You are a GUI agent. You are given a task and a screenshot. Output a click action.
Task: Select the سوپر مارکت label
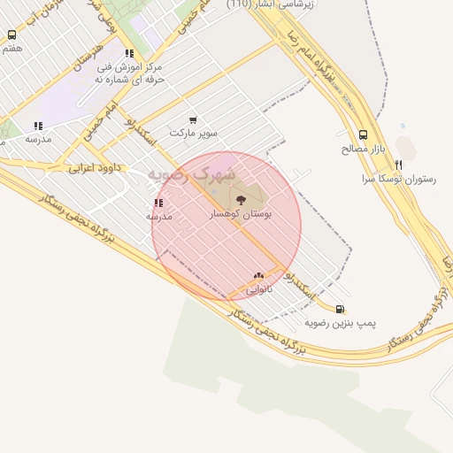pyautogui.click(x=194, y=133)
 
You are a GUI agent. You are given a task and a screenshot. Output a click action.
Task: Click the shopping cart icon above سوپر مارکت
pyautogui.click(x=194, y=119)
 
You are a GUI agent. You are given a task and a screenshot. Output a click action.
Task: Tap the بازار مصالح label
pyautogui.click(x=360, y=149)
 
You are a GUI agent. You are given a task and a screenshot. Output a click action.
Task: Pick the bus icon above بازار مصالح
pyautogui.click(x=364, y=135)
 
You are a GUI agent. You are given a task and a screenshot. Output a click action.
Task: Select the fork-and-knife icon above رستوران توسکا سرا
pyautogui.click(x=399, y=165)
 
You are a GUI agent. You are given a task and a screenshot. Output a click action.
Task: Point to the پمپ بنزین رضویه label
pyautogui.click(x=341, y=323)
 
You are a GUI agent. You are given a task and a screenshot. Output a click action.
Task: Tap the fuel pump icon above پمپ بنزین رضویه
pyautogui.click(x=341, y=309)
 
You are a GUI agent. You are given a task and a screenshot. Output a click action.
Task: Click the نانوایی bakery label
pyautogui.click(x=258, y=289)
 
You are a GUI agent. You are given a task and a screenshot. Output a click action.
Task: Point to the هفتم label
pyautogui.click(x=12, y=49)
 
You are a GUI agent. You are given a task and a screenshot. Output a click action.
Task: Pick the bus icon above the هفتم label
pyautogui.click(x=12, y=35)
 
